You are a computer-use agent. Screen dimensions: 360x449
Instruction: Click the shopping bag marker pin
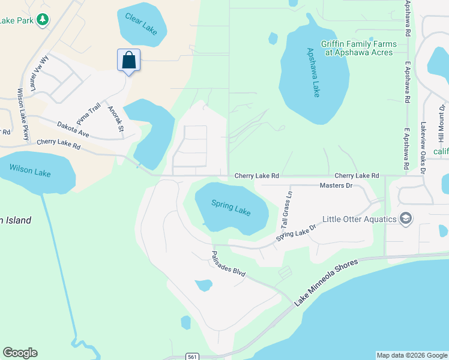[128, 61]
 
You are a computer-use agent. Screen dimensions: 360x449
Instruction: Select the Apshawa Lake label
[313, 72]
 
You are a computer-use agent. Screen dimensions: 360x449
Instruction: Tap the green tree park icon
[42, 20]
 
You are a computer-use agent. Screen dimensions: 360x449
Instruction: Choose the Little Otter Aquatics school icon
[406, 218]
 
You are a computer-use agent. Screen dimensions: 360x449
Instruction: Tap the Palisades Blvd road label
[229, 263]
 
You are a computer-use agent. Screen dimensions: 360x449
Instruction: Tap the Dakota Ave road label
[73, 130]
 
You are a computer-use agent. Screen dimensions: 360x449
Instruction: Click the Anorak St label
[115, 119]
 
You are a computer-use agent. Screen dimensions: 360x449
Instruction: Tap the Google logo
[20, 353]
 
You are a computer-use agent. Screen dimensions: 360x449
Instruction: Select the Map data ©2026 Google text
[411, 355]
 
